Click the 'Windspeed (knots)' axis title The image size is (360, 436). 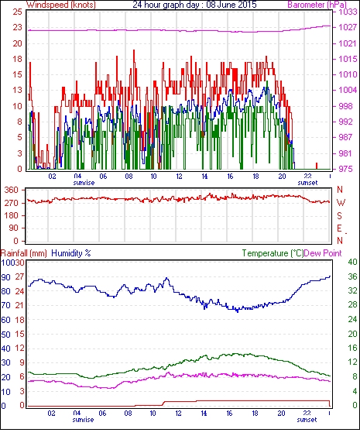click(x=61, y=5)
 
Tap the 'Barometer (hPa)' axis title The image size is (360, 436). click(x=317, y=5)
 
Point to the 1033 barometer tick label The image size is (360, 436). click(x=348, y=12)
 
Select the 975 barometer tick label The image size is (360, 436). click(x=345, y=169)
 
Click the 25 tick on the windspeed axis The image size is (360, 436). click(x=17, y=12)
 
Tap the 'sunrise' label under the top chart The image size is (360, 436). click(x=84, y=183)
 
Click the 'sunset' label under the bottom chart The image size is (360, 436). click(x=307, y=420)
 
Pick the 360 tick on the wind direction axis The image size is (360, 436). click(x=12, y=191)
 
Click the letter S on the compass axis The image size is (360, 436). click(x=339, y=215)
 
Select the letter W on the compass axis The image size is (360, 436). click(x=341, y=203)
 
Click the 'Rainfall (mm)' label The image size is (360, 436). click(x=24, y=253)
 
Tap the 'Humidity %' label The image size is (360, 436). click(x=71, y=253)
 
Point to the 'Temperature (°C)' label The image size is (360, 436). click(x=273, y=253)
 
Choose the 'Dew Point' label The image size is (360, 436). click(x=323, y=253)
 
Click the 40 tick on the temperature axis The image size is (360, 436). click(x=352, y=262)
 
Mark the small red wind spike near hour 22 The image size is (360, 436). click(x=317, y=166)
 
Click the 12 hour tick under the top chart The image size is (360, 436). click(x=179, y=177)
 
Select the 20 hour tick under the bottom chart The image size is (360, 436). click(x=281, y=414)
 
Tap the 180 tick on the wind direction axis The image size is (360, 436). click(x=12, y=215)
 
